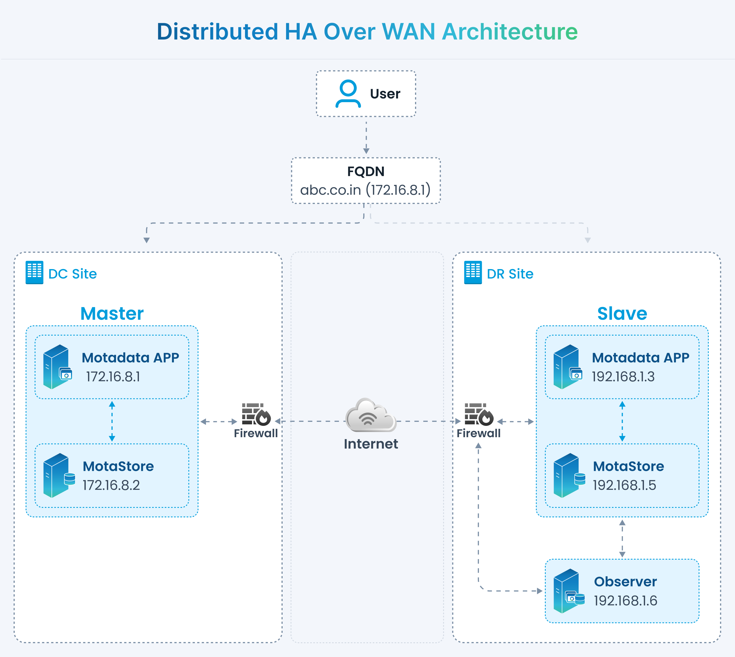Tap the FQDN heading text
(366, 171)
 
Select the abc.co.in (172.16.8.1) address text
(365, 190)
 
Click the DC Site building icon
(34, 272)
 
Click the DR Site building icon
(473, 272)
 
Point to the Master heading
(112, 313)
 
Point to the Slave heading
(622, 313)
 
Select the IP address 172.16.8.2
(111, 485)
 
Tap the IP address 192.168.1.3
(623, 377)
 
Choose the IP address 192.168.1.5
(624, 485)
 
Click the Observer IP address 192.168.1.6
(625, 601)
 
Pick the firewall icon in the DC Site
(256, 414)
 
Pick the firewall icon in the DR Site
(479, 414)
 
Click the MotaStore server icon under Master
(59, 475)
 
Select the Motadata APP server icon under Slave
(568, 367)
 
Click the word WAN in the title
(408, 32)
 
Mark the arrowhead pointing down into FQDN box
(366, 151)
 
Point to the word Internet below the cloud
(371, 444)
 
